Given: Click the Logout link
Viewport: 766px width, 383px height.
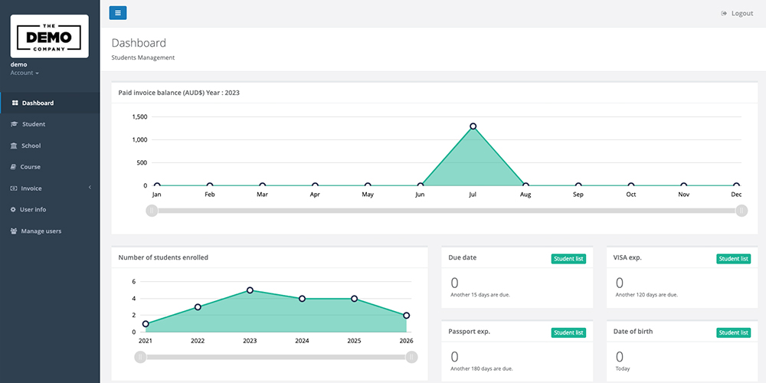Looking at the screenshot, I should [x=737, y=13].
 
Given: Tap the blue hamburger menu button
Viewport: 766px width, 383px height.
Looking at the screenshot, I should [x=118, y=12].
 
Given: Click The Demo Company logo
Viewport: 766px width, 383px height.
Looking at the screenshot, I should [x=50, y=37].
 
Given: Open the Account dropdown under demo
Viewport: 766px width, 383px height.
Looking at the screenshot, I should [x=25, y=73].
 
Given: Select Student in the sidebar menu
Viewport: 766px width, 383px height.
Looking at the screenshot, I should [x=33, y=124].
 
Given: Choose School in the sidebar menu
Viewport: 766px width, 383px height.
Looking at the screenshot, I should [x=31, y=146].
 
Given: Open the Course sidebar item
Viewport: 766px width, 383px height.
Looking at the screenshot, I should [x=30, y=167].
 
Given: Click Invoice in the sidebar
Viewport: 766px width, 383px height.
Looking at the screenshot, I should [x=31, y=188].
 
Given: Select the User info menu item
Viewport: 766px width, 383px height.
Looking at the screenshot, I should [x=33, y=209].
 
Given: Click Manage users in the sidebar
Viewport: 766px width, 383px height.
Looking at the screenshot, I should [x=41, y=231].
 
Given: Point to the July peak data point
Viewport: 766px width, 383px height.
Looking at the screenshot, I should [x=473, y=126].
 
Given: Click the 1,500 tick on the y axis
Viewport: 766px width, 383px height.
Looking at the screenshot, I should [x=139, y=117].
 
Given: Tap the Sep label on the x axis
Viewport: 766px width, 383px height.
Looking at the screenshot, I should [x=578, y=195].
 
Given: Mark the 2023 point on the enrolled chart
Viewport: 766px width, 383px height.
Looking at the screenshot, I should [x=250, y=290].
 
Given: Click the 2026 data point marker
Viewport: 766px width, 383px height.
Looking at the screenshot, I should [x=406, y=316].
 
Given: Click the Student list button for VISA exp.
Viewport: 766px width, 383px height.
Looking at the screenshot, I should [x=733, y=259].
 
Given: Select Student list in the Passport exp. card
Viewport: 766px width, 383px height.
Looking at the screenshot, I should [x=568, y=332].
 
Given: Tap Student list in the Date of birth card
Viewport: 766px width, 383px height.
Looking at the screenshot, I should [x=733, y=332].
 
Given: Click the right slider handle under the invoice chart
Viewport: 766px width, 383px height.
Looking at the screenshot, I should [x=741, y=211].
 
